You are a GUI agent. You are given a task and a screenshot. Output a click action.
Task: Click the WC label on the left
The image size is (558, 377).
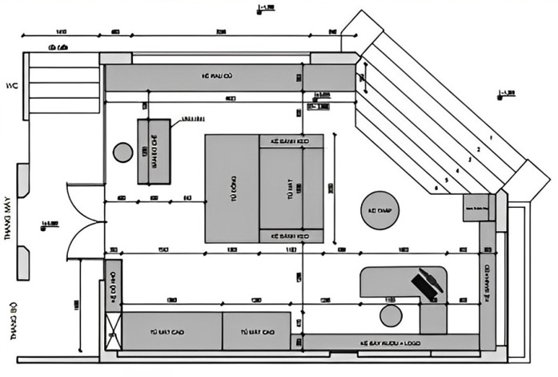point(10,86)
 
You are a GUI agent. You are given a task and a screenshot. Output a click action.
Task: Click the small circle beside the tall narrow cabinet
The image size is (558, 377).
point(122,151)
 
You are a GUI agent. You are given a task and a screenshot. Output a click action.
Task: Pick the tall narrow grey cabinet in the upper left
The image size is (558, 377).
point(154,151)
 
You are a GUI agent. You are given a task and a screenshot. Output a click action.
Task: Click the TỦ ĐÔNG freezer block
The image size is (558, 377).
point(232,188)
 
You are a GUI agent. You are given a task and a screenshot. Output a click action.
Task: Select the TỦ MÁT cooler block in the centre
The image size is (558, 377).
point(290,188)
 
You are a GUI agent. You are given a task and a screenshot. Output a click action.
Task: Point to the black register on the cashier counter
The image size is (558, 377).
point(425,285)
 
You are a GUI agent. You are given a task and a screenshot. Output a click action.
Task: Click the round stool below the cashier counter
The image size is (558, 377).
point(390,314)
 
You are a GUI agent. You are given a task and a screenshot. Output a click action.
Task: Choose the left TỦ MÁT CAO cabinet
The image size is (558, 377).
point(171,330)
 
